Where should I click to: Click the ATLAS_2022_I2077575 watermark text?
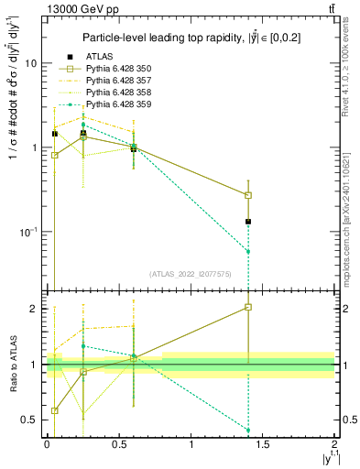(x=190, y=273)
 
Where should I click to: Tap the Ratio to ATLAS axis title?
(x=13, y=364)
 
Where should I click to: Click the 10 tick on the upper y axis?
(x=30, y=63)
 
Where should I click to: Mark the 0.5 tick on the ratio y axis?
(x=30, y=420)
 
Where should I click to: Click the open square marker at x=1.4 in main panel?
(x=248, y=195)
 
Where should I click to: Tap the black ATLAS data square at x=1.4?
(x=248, y=222)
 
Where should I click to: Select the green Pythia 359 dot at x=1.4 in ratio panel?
(x=248, y=430)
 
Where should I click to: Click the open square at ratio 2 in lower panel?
(x=248, y=308)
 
